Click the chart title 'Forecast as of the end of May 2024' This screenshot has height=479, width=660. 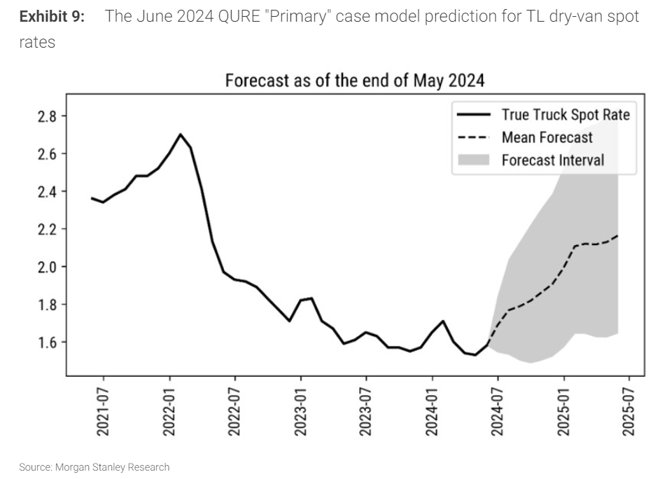coord(355,81)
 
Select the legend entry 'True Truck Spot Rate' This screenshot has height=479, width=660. coord(566,114)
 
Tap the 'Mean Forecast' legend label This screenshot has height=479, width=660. coord(547,137)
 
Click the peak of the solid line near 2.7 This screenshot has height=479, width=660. coord(180,134)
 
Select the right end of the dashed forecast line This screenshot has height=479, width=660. coord(617,236)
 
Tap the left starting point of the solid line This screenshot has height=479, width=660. coord(92,198)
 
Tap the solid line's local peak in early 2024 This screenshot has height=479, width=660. coord(443,321)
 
